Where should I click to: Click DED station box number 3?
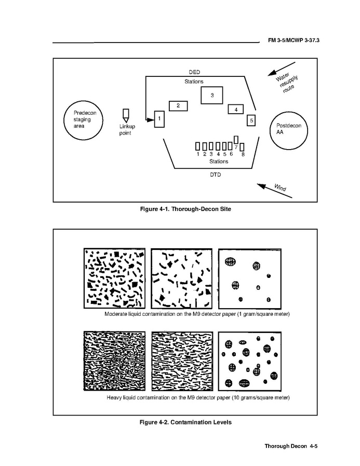(211, 95)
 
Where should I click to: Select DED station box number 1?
(159, 119)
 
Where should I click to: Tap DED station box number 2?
(178, 106)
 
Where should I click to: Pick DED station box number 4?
(236, 109)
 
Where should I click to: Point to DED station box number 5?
(251, 121)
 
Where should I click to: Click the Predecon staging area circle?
(64, 120)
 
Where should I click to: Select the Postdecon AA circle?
(270, 131)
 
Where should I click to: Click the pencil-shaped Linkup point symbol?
(126, 116)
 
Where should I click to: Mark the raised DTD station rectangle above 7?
(236, 140)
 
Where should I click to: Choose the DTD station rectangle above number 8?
(242, 147)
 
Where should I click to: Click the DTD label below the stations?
(215, 175)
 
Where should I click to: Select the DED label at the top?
(194, 72)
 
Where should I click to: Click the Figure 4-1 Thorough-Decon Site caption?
(185, 209)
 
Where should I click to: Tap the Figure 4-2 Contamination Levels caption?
(185, 422)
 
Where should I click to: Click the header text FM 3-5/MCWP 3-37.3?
(294, 40)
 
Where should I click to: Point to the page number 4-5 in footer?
(313, 446)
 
